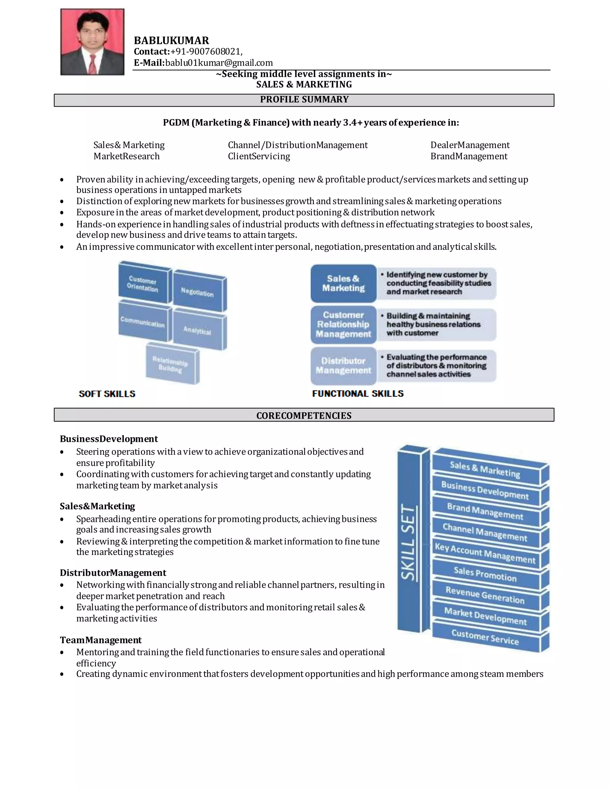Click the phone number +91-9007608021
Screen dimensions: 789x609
click(206, 52)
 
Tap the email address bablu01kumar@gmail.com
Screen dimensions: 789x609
click(219, 63)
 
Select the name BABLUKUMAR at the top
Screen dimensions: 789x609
click(171, 40)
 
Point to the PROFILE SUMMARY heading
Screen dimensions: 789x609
click(304, 100)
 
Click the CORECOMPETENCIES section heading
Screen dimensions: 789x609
click(304, 415)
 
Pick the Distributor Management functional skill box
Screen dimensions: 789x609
click(343, 366)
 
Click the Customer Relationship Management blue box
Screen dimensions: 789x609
click(343, 325)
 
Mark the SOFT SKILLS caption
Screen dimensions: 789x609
click(107, 394)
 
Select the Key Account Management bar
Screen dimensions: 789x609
click(485, 553)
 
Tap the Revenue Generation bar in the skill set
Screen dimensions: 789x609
click(485, 595)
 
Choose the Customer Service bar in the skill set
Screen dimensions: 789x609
click(485, 637)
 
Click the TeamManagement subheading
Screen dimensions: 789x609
click(101, 640)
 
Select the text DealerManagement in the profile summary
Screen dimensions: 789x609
click(470, 145)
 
